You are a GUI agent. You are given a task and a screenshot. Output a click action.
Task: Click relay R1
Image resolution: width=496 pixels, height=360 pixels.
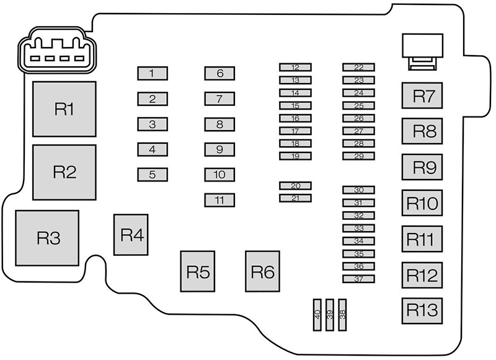click(x=64, y=109)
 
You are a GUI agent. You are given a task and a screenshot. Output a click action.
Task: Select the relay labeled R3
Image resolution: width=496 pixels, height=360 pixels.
click(x=48, y=238)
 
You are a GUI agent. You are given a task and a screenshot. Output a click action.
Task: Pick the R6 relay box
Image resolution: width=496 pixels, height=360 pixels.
click(x=262, y=271)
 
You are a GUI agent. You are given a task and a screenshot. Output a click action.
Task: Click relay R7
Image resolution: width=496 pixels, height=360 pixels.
click(x=423, y=96)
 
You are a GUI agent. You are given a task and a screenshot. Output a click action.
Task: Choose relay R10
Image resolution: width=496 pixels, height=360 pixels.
click(x=423, y=203)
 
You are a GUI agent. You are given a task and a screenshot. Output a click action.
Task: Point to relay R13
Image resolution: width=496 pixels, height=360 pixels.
click(x=423, y=309)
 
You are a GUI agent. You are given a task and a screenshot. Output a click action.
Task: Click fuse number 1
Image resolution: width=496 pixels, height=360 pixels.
click(x=152, y=74)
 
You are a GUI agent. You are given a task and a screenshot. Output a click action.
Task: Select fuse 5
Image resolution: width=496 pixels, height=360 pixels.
click(x=152, y=175)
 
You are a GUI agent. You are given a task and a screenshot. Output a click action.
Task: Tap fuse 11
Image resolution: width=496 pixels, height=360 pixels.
click(x=219, y=200)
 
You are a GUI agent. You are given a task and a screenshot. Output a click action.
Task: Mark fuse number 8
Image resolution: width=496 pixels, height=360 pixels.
click(x=219, y=124)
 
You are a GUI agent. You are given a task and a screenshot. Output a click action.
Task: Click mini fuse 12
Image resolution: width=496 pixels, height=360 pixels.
click(x=295, y=68)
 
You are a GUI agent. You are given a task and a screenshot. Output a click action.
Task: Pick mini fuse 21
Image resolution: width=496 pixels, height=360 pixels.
click(x=295, y=198)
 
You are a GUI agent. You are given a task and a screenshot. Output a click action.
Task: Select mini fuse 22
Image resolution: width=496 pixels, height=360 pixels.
click(x=359, y=68)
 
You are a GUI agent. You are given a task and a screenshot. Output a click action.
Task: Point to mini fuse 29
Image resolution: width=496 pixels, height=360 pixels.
click(x=359, y=156)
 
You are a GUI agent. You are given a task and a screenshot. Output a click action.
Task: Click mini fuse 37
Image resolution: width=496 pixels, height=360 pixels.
click(x=359, y=279)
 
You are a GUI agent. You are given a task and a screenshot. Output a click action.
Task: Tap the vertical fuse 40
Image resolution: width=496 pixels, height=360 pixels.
click(x=317, y=315)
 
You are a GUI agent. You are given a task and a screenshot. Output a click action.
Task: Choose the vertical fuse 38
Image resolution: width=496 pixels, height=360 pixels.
click(x=342, y=315)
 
